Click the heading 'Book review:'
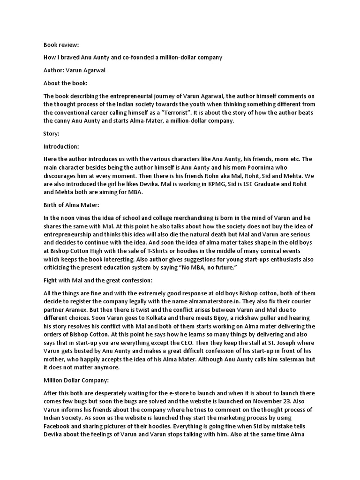coord(61,45)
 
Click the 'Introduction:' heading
coord(61,146)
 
